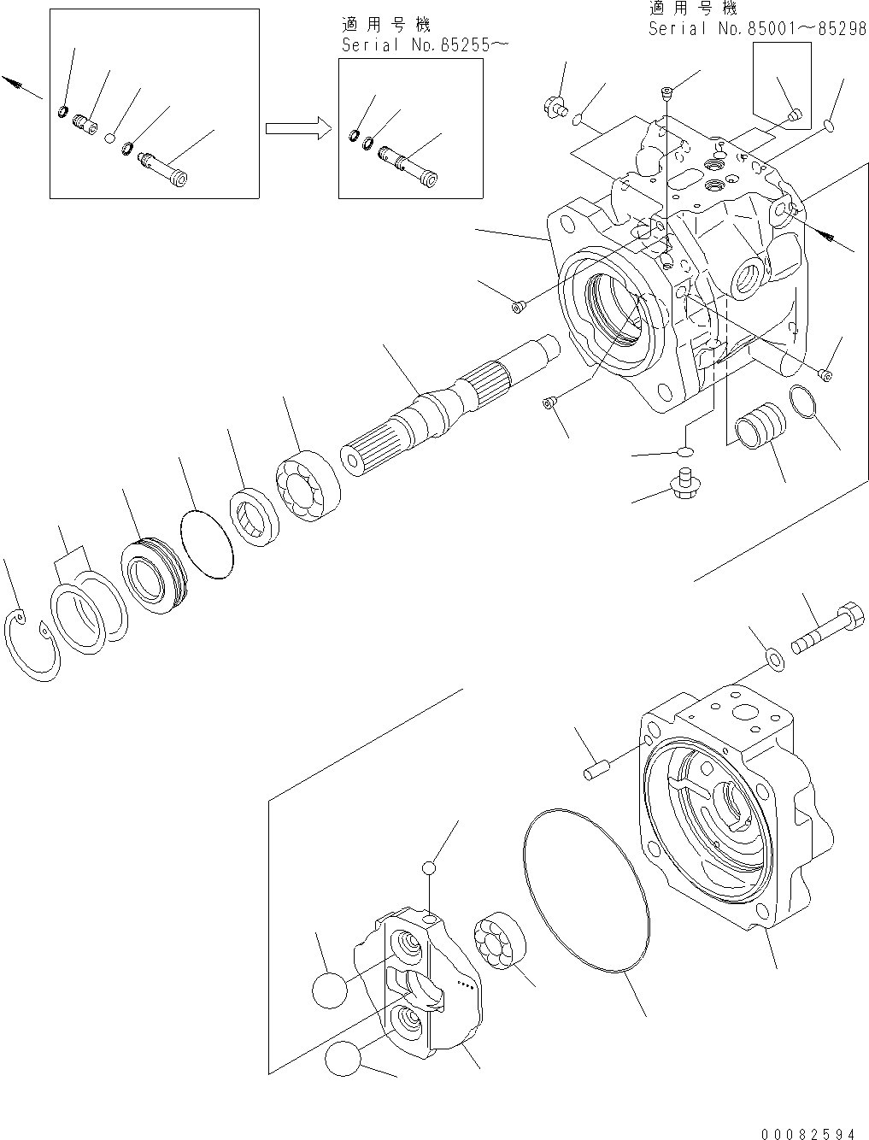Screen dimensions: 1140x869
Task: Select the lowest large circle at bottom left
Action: pos(342,1060)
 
